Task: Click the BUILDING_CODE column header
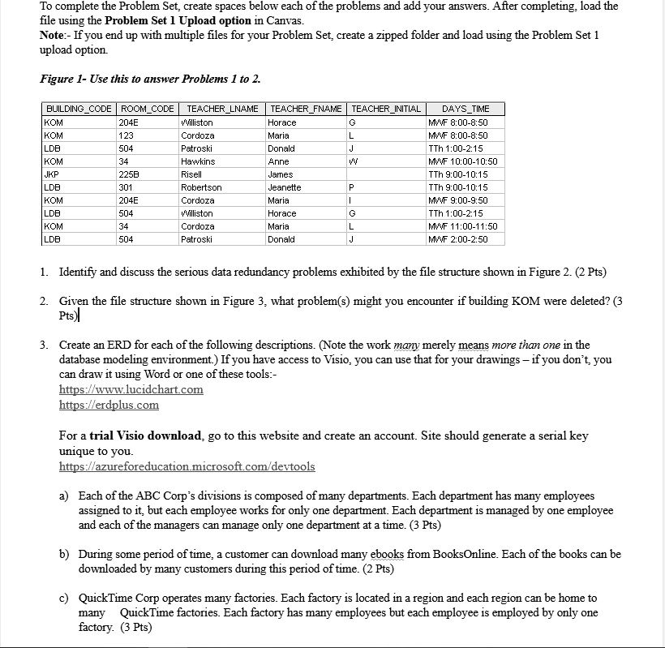click(79, 109)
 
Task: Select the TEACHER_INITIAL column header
click(386, 109)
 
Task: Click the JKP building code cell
click(53, 174)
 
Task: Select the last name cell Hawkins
click(198, 161)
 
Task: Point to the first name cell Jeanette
click(284, 187)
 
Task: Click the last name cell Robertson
click(201, 187)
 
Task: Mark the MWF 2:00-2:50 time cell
click(461, 239)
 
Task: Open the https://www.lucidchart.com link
click(131, 389)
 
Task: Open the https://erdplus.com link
click(109, 405)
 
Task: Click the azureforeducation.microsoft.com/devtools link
click(187, 466)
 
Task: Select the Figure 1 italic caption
click(150, 79)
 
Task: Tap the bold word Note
click(54, 35)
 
